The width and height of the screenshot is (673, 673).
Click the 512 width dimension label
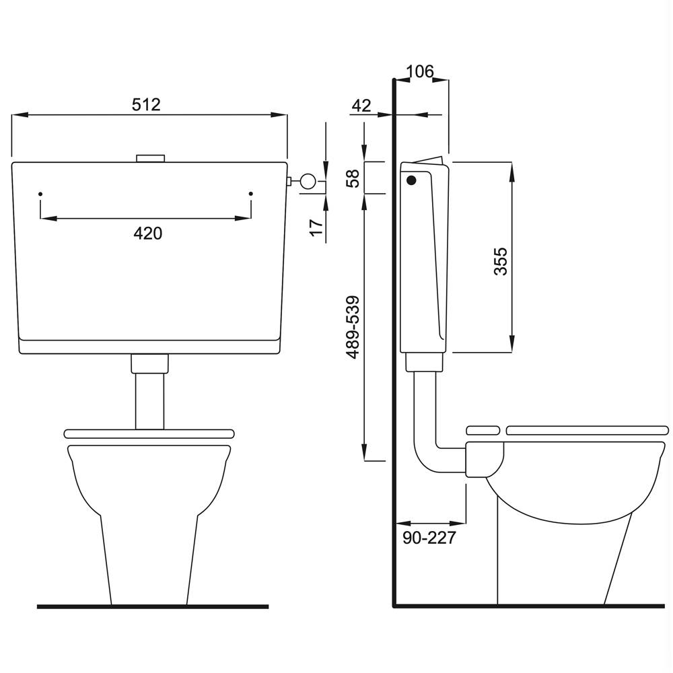click(146, 105)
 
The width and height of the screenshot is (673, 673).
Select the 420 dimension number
click(147, 234)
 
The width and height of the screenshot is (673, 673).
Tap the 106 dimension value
click(420, 71)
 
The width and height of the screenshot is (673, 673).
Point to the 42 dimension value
click(361, 106)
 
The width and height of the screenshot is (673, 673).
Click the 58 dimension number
click(353, 178)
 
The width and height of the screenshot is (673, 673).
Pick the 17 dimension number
click(316, 227)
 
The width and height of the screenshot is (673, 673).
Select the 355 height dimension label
click(501, 261)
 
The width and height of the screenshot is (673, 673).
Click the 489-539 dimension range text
click(353, 327)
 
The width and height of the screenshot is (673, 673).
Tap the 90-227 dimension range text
click(429, 538)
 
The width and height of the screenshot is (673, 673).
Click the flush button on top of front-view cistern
click(150, 158)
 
